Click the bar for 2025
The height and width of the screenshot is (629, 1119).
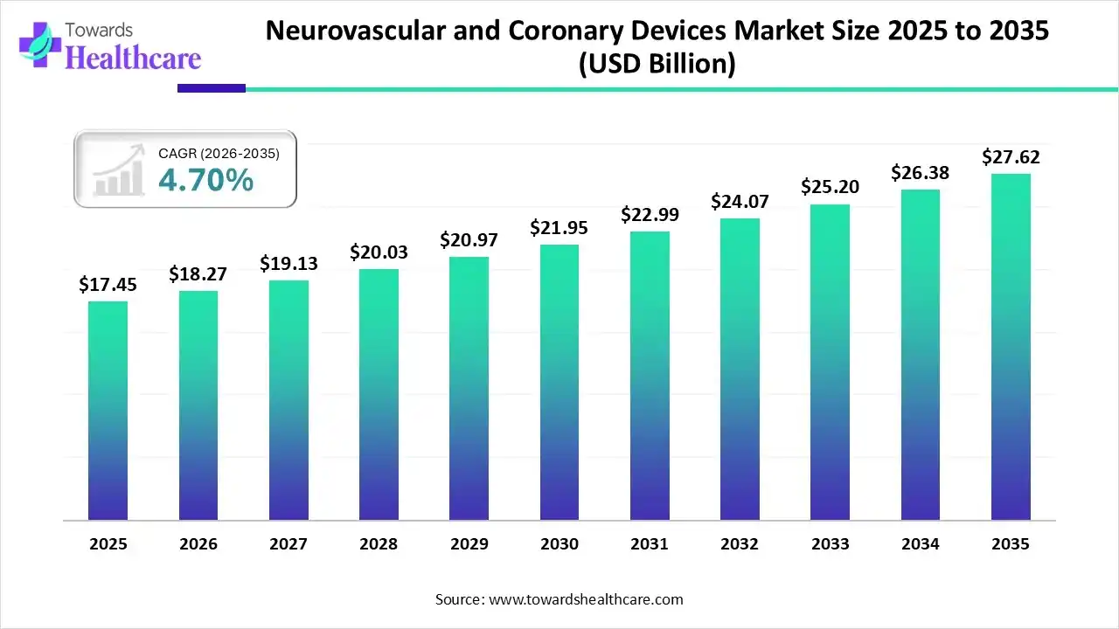(108, 411)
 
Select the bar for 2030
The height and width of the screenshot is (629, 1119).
(559, 382)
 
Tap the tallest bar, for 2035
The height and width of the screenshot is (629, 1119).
(1011, 347)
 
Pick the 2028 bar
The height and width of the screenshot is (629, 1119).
(379, 394)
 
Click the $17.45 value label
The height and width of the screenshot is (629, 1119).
(108, 285)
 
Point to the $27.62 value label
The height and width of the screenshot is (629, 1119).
(1011, 157)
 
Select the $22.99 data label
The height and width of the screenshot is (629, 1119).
(650, 214)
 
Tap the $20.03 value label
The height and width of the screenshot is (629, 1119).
(379, 252)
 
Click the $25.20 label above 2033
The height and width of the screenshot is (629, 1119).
(830, 187)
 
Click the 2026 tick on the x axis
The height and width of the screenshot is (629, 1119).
(198, 544)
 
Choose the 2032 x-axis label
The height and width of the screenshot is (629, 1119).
(740, 544)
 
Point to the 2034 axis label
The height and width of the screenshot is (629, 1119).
(921, 544)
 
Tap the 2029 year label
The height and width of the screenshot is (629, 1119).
(469, 544)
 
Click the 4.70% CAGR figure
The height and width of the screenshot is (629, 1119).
(206, 181)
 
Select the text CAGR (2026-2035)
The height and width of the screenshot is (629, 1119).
(219, 154)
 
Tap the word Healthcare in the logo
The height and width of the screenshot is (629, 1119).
(133, 59)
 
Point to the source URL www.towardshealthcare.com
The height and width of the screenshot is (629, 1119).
(584, 599)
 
